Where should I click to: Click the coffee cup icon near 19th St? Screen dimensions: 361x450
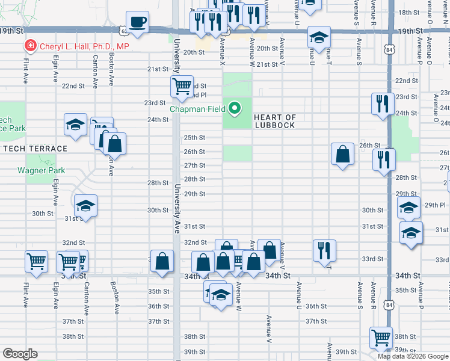137,22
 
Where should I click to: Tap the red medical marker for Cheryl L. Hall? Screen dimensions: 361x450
29,46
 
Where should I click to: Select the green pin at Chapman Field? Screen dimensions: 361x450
235,109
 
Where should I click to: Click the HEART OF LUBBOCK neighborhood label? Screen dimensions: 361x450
274,121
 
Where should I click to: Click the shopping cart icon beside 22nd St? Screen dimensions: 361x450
181,86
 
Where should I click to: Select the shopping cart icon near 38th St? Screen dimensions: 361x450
381,338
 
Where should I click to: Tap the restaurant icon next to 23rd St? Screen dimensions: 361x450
383,103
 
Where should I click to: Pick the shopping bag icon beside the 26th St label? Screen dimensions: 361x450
342,154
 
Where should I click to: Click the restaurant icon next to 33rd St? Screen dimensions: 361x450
324,250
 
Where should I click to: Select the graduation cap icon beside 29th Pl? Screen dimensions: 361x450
408,208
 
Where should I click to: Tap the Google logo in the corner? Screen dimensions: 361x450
19,354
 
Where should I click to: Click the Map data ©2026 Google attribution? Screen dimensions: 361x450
413,356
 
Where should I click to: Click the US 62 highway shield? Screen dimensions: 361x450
123,29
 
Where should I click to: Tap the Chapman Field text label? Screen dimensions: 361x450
197,109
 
